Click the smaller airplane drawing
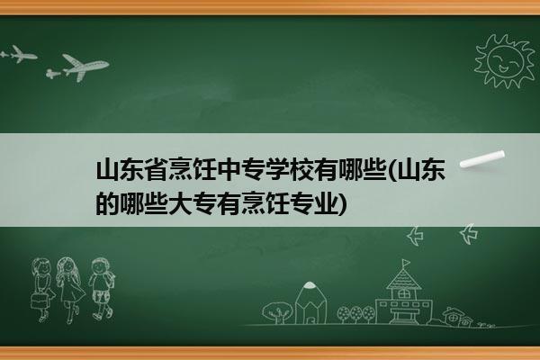coord(19,54)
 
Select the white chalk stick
coord(482,159)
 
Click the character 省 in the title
coord(157,169)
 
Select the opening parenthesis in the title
coord(391,169)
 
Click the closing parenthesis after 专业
coord(342,203)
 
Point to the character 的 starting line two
coord(107,203)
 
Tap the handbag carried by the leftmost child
coord(38,301)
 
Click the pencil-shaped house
coord(310,303)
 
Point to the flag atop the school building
coord(407,263)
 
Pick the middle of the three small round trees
coord(355,313)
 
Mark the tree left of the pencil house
coord(277,312)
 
